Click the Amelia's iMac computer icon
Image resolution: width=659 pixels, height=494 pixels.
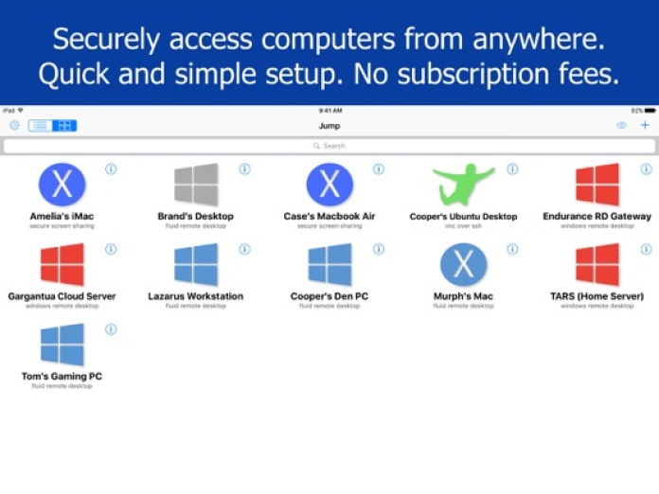click(x=62, y=185)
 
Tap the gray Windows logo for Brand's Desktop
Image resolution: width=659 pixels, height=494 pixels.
click(x=196, y=185)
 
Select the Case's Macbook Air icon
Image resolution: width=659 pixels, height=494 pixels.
click(x=329, y=185)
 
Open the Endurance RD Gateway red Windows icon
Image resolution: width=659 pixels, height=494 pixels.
click(x=597, y=185)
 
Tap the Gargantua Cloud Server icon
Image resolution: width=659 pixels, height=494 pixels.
click(x=62, y=265)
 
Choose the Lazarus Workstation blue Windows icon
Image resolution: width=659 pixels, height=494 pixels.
click(x=196, y=265)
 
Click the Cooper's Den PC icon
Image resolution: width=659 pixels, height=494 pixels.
click(x=329, y=265)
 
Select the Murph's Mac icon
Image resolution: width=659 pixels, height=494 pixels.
click(x=463, y=265)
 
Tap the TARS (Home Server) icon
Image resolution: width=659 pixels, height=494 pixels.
click(x=597, y=265)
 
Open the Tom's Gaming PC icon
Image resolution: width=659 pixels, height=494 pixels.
click(x=62, y=345)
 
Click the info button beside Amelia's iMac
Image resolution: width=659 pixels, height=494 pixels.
click(x=111, y=169)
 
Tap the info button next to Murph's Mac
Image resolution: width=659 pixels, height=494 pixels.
click(x=512, y=250)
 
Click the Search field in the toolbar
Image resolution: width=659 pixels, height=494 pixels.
click(x=329, y=146)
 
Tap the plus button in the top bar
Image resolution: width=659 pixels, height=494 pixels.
click(x=645, y=125)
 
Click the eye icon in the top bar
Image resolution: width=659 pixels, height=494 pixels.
click(x=621, y=125)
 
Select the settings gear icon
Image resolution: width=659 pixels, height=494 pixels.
click(x=14, y=125)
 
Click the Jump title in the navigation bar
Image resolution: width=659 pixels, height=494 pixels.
click(x=329, y=126)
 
